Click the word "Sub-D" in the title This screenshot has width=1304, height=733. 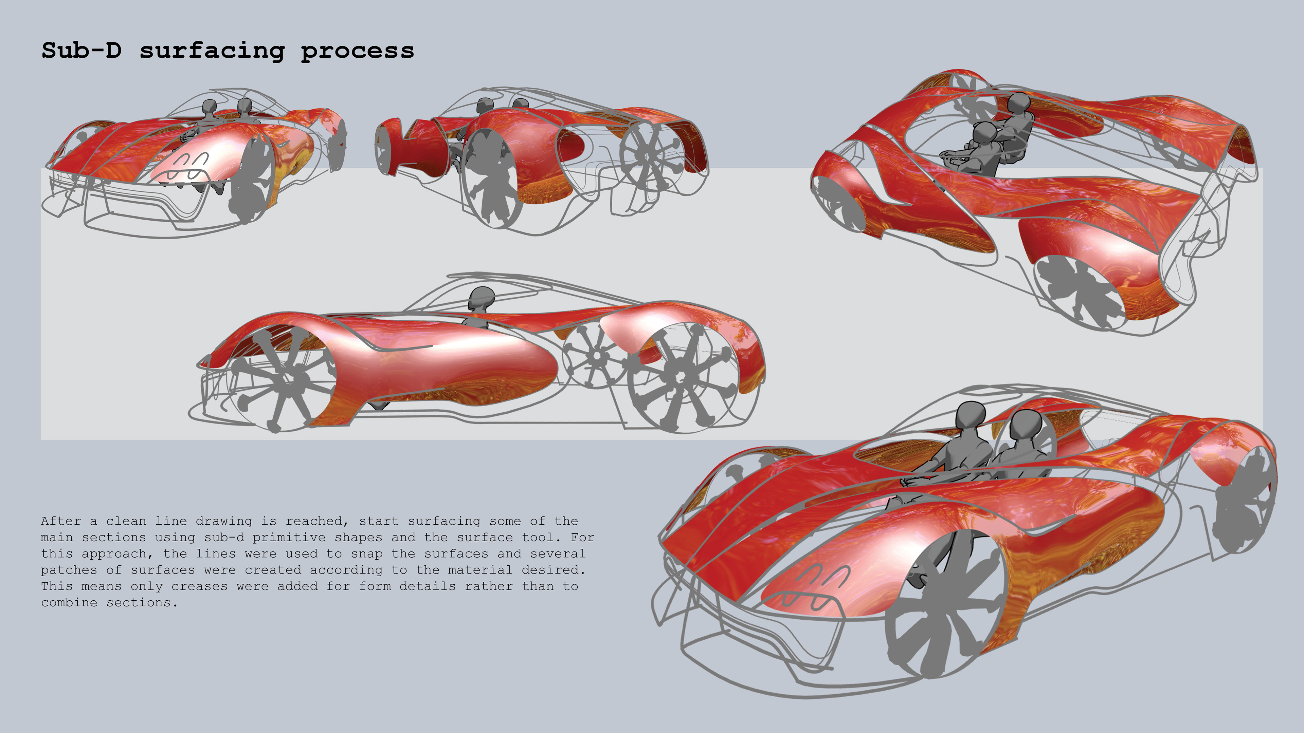(x=81, y=51)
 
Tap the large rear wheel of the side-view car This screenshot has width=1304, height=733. (x=681, y=377)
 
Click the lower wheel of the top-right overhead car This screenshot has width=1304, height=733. (x=1081, y=288)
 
